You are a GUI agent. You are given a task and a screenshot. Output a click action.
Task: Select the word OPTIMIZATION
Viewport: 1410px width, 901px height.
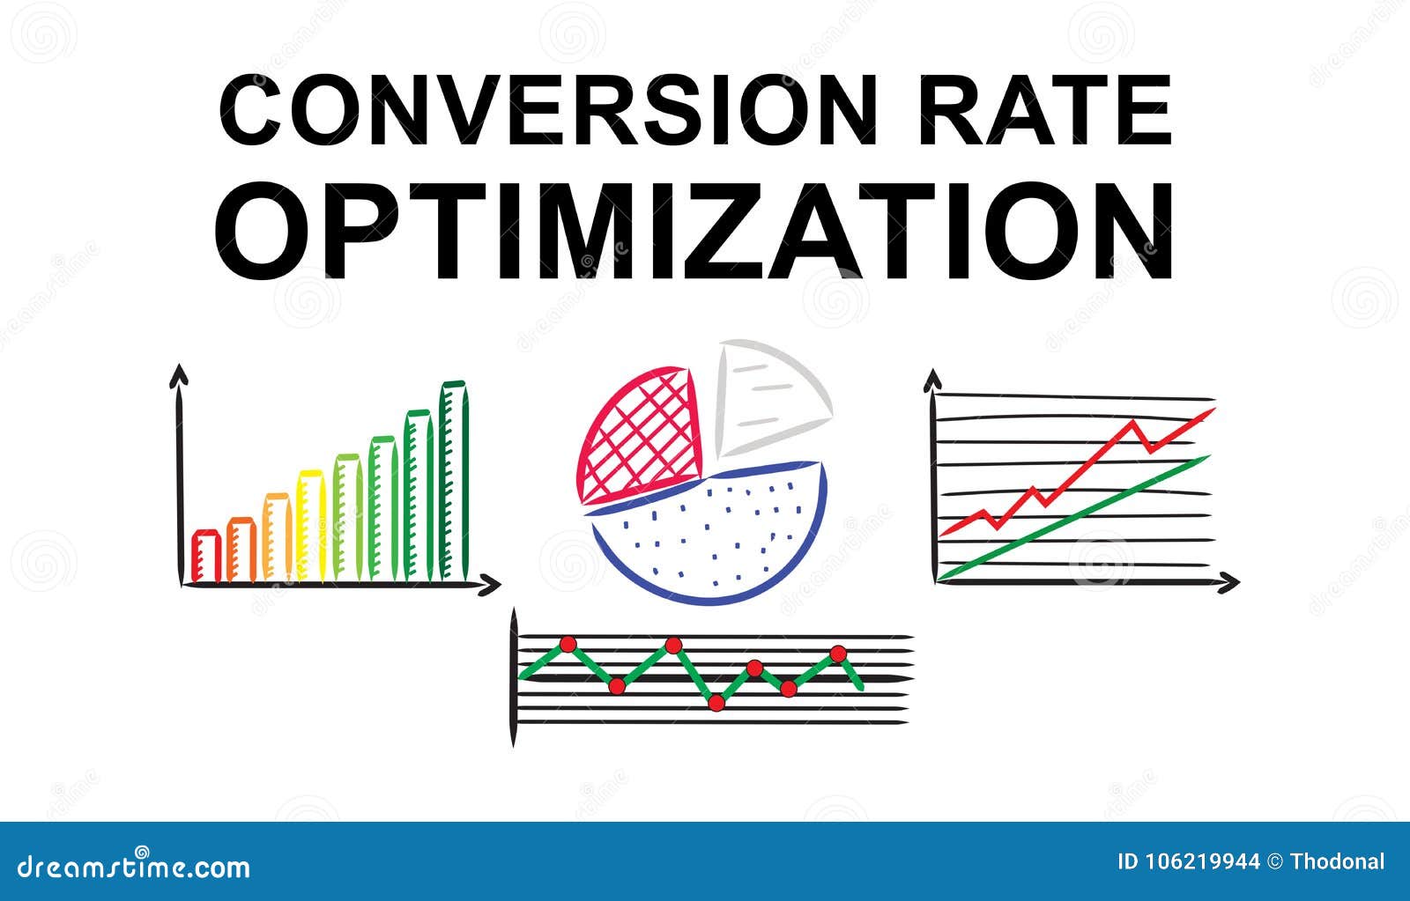tap(694, 231)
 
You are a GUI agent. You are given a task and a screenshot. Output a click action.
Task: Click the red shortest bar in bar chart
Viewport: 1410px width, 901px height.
tap(205, 557)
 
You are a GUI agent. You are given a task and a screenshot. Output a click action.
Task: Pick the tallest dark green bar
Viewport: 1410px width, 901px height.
tap(453, 483)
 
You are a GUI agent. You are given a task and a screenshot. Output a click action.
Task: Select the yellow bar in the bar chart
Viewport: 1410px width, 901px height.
tap(311, 527)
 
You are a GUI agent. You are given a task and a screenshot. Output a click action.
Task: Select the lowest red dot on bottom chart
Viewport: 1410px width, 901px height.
tap(716, 702)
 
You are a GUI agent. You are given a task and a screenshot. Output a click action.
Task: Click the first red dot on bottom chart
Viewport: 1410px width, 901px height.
tap(568, 645)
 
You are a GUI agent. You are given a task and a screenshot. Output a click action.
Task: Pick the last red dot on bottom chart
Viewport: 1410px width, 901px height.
tap(838, 653)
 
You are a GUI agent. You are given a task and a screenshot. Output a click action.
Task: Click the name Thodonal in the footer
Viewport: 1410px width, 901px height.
tap(1337, 861)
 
